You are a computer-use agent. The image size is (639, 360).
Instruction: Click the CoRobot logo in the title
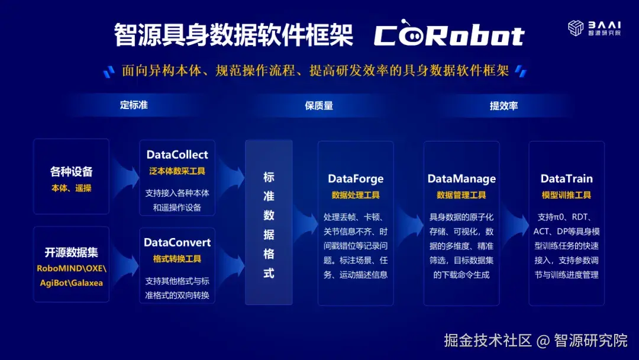(x=449, y=36)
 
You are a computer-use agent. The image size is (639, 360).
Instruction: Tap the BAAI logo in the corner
(x=595, y=28)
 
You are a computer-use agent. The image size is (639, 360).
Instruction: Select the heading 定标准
(x=134, y=105)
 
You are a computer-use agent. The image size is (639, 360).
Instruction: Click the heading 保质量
(x=319, y=105)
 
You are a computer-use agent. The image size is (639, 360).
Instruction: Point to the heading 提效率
(x=504, y=105)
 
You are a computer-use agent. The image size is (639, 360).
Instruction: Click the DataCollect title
(x=177, y=155)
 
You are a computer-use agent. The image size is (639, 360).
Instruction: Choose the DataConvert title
(x=177, y=242)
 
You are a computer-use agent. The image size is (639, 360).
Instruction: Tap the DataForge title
(x=356, y=178)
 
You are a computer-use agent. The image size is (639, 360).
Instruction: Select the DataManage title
(x=461, y=178)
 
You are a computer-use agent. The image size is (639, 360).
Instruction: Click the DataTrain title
(x=566, y=178)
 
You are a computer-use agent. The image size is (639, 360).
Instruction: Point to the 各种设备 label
(x=71, y=172)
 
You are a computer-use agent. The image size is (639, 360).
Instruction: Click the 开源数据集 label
(x=71, y=252)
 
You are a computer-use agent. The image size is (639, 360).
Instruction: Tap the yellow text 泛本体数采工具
(x=177, y=171)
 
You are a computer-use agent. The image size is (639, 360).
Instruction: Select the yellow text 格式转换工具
(x=177, y=259)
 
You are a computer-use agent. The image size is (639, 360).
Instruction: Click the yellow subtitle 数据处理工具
(x=356, y=195)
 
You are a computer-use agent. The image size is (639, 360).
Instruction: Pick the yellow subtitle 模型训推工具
(x=566, y=195)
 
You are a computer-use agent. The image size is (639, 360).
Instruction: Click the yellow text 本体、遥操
(x=71, y=188)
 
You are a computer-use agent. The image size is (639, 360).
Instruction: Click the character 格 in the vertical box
(x=269, y=255)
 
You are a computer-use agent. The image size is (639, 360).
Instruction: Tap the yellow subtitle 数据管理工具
(x=461, y=195)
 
